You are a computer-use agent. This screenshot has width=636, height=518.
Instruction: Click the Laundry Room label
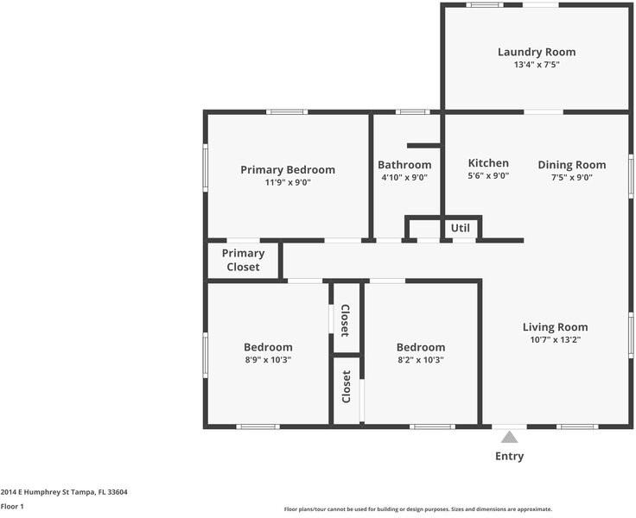[x=536, y=52]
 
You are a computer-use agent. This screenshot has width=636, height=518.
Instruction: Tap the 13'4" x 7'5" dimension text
[x=536, y=65]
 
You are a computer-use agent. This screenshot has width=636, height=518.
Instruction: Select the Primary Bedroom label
[x=287, y=169]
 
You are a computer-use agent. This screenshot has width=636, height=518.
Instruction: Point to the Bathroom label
[x=404, y=165]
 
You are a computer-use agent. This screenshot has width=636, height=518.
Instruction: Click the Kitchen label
[x=488, y=163]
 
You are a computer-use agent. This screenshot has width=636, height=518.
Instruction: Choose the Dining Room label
[x=571, y=165]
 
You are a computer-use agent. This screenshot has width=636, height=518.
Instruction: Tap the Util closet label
[x=460, y=228]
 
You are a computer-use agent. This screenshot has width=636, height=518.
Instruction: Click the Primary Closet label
[x=243, y=260]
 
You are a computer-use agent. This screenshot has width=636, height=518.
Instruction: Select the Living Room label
[x=555, y=327]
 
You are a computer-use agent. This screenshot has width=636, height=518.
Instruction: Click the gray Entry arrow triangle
[x=509, y=437]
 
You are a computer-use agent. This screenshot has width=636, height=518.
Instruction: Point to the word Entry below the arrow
[x=509, y=456]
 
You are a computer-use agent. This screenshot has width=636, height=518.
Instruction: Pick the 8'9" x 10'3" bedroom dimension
[x=267, y=360]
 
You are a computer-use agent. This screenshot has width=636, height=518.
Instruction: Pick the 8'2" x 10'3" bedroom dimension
[x=420, y=360]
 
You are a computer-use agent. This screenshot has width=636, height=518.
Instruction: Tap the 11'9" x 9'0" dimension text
[x=287, y=182]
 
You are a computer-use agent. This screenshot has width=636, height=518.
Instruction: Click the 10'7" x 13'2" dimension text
[x=555, y=340]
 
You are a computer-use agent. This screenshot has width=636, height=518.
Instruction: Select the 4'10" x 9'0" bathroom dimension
[x=404, y=178]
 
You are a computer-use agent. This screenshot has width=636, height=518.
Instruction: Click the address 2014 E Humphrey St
[x=64, y=492]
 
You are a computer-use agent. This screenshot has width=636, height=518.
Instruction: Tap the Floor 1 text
[x=12, y=507]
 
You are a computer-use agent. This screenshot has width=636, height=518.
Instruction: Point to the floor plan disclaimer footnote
[x=417, y=509]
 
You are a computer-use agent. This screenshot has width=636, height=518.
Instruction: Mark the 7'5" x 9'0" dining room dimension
[x=571, y=178]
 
